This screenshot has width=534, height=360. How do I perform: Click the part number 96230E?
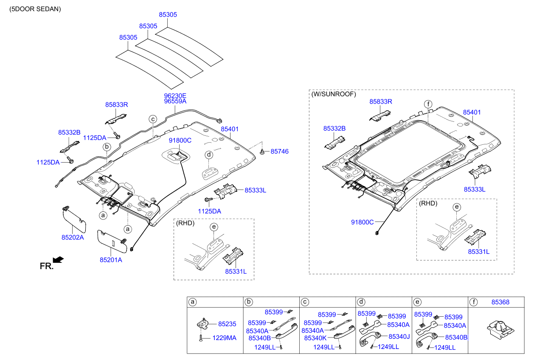175,96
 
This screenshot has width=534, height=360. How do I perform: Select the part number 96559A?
175,101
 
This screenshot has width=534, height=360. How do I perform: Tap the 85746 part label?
279,151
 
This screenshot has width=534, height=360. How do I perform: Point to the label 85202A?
73,238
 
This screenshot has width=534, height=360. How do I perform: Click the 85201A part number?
111,260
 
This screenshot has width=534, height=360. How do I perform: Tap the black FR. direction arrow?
59,259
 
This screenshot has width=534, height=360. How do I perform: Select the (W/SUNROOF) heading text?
334,94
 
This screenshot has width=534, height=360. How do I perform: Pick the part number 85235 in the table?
227,324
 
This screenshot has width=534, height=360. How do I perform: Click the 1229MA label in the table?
225,338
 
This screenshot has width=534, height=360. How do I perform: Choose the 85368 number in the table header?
500,302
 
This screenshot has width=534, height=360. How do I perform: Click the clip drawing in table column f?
499,330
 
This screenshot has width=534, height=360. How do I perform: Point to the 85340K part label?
315,338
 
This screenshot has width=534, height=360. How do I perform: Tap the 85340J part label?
399,336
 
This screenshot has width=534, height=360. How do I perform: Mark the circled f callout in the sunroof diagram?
428,104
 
